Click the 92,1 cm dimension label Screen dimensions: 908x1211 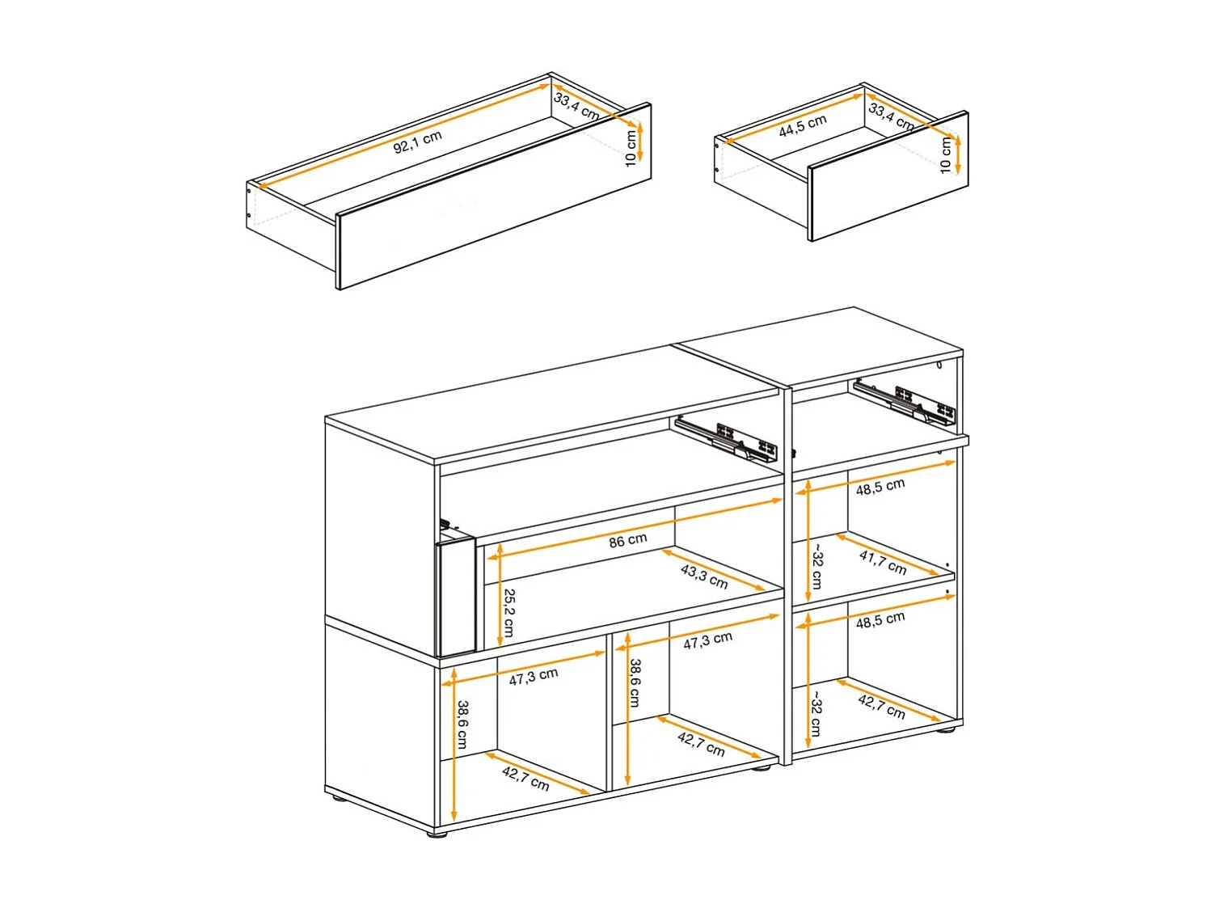pos(417,141)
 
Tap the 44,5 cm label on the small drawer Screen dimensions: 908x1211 pos(802,125)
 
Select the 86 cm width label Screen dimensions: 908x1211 pos(627,540)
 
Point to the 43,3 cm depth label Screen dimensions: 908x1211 pos(703,576)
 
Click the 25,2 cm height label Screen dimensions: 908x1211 pos(509,612)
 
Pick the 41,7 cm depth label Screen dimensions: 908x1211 pos(882,562)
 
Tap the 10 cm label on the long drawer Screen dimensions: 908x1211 pos(631,149)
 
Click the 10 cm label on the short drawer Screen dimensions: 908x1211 pos(945,155)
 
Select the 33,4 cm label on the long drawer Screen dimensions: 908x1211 pos(576,106)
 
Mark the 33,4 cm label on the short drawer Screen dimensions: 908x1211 pos(891,116)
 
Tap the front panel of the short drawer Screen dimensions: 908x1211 pos(888,176)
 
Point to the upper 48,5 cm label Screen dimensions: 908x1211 pos(880,488)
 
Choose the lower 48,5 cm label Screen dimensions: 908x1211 pos(880,621)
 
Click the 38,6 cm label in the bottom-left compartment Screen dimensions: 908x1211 pos(462,724)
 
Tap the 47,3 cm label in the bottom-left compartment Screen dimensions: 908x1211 pos(533,677)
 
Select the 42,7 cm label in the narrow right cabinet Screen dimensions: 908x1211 pos(880,706)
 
